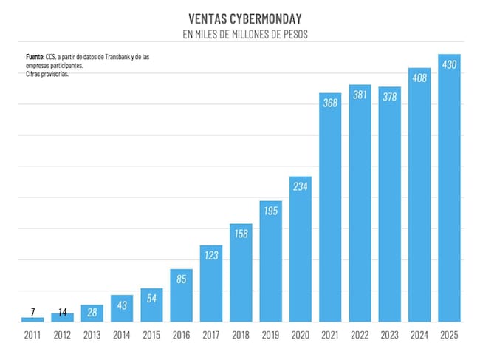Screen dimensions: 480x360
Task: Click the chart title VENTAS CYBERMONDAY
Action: (x=245, y=18)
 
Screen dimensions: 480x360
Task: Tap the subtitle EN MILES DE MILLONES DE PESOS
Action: (x=245, y=34)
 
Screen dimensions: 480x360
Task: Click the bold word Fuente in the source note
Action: (x=35, y=57)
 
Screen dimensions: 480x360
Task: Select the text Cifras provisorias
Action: (x=47, y=74)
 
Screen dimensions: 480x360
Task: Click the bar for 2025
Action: (x=449, y=188)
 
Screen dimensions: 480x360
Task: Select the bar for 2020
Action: (x=301, y=249)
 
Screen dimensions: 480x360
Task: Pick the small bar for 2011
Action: (x=32, y=319)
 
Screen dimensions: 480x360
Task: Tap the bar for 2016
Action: (x=181, y=296)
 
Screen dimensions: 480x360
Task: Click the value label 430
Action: (x=449, y=64)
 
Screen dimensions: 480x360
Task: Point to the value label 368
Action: (x=330, y=103)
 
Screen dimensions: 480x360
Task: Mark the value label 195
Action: (x=270, y=211)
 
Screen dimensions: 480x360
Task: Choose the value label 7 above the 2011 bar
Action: (x=32, y=312)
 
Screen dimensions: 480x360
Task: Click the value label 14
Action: (x=63, y=312)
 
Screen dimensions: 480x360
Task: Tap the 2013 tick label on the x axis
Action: (x=92, y=335)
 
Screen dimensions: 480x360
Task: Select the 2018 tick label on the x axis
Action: (x=241, y=335)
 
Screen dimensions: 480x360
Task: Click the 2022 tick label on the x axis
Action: (x=360, y=335)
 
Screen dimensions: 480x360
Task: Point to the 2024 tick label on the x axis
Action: (x=419, y=335)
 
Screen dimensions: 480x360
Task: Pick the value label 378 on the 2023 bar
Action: (x=390, y=97)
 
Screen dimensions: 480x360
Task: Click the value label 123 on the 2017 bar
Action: (x=211, y=255)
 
